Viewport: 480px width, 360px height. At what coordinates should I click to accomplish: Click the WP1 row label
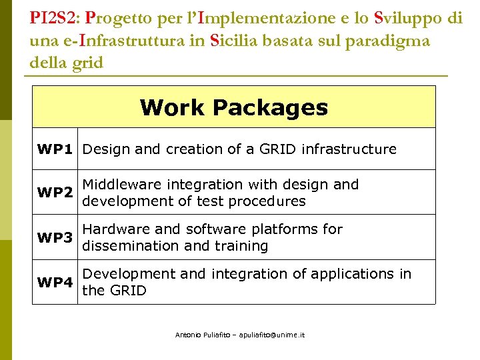pos(55,149)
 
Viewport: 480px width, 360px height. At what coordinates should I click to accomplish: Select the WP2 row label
pos(55,193)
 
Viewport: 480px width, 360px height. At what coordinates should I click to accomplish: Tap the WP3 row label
pos(55,237)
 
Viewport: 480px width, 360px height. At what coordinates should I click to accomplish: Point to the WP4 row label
pos(55,282)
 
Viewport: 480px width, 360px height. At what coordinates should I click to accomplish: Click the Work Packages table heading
pos(234,107)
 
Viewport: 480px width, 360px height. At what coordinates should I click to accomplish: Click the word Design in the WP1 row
pos(106,149)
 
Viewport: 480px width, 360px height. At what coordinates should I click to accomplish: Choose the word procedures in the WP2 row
pos(269,201)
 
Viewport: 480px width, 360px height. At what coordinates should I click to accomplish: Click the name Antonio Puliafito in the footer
pos(199,335)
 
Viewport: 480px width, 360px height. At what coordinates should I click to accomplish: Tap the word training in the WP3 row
pos(240,246)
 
